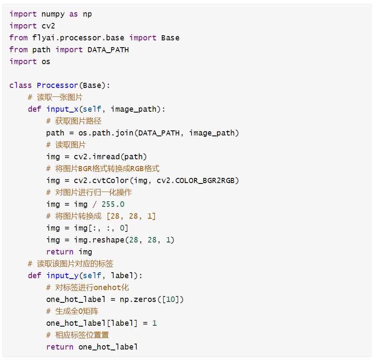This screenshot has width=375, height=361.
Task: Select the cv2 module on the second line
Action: pyautogui.click(x=48, y=26)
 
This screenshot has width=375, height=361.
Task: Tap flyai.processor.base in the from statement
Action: pyautogui.click(x=79, y=38)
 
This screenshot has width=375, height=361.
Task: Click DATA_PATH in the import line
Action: pyautogui.click(x=108, y=50)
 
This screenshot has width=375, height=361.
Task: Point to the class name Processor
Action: pyautogui.click(x=57, y=85)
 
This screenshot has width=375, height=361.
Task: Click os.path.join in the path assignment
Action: pyautogui.click(x=106, y=133)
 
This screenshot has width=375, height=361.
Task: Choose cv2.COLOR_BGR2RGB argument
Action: pyautogui.click(x=196, y=180)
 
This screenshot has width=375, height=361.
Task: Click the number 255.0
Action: pyautogui.click(x=113, y=204)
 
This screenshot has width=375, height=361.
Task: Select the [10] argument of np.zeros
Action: pyautogui.click(x=172, y=299)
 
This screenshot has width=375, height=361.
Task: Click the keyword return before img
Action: pyautogui.click(x=60, y=252)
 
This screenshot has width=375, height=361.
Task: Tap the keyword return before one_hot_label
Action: pyautogui.click(x=60, y=347)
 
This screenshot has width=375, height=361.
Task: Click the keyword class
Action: pyautogui.click(x=21, y=85)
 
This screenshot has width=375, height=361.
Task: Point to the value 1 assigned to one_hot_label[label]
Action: pyautogui.click(x=155, y=323)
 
